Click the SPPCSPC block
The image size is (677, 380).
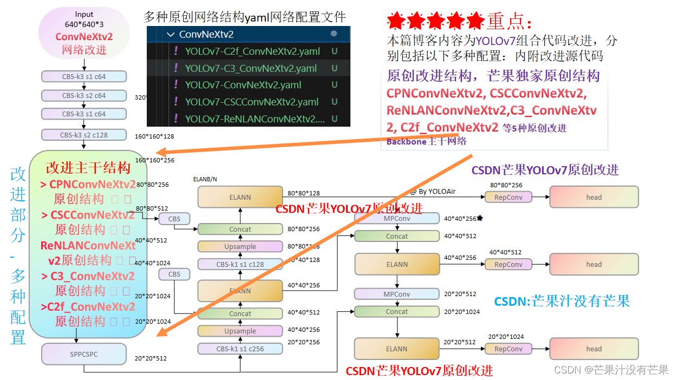click(x=83, y=354)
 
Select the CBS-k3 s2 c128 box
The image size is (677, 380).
click(x=83, y=134)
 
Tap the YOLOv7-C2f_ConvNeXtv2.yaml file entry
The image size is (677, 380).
click(x=252, y=51)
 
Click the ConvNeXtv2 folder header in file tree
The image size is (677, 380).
click(x=206, y=35)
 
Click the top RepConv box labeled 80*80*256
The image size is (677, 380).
click(x=508, y=197)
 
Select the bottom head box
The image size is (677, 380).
click(x=594, y=349)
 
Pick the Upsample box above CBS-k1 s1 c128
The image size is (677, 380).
click(x=240, y=246)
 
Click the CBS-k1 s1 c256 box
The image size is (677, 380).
click(x=240, y=349)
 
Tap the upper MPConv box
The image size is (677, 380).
click(x=396, y=218)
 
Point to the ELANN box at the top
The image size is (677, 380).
click(x=240, y=197)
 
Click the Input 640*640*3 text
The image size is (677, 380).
click(x=84, y=19)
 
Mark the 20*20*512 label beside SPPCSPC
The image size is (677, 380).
click(x=151, y=358)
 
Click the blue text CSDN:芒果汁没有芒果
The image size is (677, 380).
click(x=562, y=302)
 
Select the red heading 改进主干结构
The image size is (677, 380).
click(x=88, y=167)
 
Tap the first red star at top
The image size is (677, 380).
click(x=396, y=21)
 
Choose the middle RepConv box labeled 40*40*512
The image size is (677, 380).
click(x=508, y=264)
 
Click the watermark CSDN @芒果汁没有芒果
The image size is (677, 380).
click(x=611, y=369)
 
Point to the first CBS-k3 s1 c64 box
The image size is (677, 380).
click(x=83, y=76)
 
